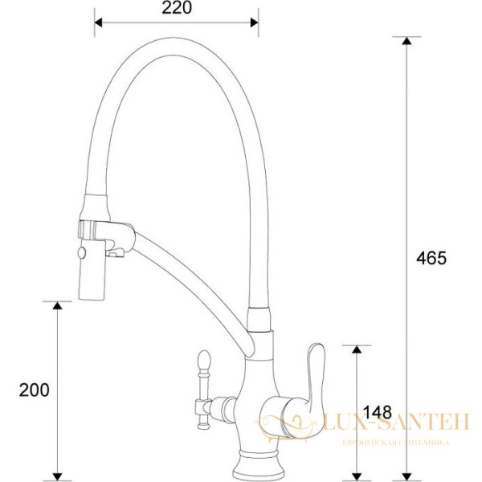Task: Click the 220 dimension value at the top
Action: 177,9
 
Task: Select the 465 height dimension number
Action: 431,258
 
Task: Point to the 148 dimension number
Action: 371,412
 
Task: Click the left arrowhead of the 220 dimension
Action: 99,22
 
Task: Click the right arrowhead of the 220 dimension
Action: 255,22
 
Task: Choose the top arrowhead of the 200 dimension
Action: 57,306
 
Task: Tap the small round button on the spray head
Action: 81,255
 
